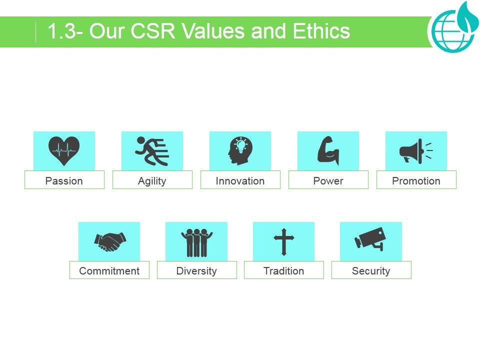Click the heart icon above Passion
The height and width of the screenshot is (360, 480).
pos(64,150)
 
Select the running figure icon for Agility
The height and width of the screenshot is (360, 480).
pos(152,150)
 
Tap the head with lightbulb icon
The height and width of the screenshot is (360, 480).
pos(240,150)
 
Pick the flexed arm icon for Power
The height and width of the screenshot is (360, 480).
pos(328,150)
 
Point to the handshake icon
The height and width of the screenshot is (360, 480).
pos(109,241)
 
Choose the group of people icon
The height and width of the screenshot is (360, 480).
pos(196,241)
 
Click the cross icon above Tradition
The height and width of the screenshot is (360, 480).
pos(283,241)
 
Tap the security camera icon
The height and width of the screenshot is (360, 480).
pos(370,239)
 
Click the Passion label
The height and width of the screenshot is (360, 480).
pos(64,180)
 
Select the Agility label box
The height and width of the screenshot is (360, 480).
pos(152,180)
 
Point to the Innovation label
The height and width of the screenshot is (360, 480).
pos(240,180)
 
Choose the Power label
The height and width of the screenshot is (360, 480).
pos(328,180)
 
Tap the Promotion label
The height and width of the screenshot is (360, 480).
pos(416,180)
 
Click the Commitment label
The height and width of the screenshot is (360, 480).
pos(109,270)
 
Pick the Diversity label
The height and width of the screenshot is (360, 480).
pos(196,270)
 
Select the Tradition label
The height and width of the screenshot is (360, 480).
pos(283,270)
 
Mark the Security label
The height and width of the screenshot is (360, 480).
pos(371,270)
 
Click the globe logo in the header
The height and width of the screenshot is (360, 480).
pos(452,30)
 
